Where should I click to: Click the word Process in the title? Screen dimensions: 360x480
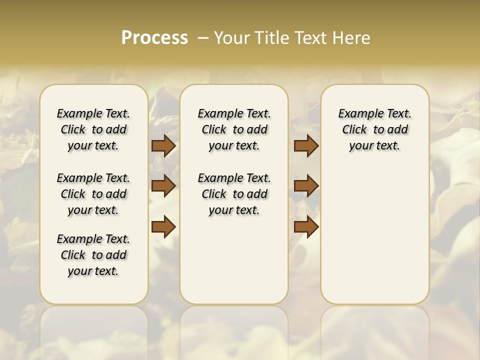coord(154,37)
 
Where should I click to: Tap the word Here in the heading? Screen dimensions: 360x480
coord(352,37)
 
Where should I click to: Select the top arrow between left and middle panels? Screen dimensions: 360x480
coord(163,146)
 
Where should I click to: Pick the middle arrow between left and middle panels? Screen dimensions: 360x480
coord(163,186)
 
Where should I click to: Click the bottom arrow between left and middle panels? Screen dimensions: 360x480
coord(163,226)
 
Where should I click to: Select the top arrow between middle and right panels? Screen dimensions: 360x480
coord(306,146)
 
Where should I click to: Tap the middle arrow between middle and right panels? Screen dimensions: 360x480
coord(306,186)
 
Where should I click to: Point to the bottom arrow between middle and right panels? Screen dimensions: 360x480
coord(306,226)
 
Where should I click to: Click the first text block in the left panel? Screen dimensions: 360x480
coord(93,129)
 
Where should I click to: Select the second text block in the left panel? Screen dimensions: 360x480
coord(93,194)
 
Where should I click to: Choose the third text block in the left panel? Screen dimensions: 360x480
coord(93,255)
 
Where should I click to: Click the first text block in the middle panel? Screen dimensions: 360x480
coord(234,129)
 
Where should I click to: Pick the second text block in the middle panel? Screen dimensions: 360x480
coord(234,194)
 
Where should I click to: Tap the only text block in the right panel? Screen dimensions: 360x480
coord(374,129)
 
